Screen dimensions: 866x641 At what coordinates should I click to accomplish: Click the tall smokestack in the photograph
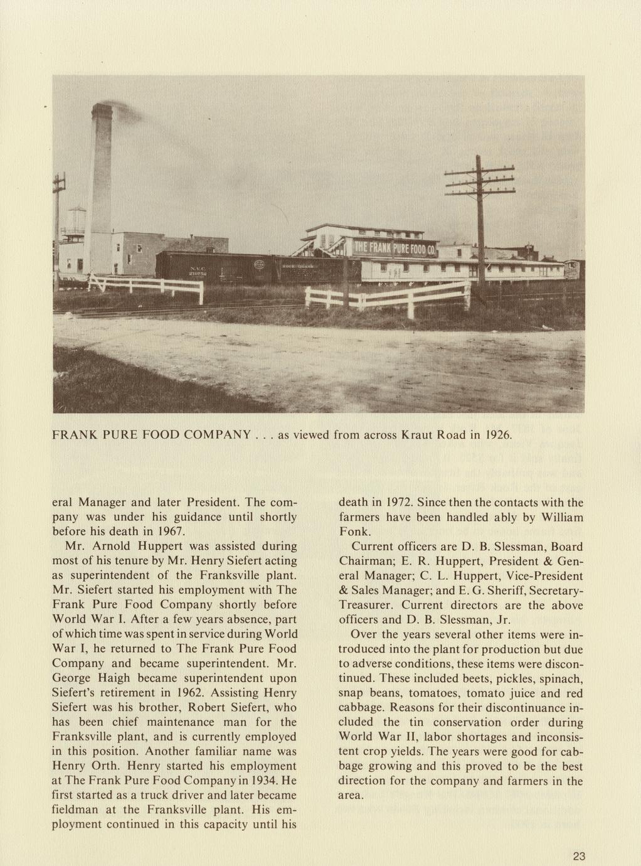[101, 188]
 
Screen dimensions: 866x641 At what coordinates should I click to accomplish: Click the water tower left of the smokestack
[77, 223]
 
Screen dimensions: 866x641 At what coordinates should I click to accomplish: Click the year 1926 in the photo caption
[497, 434]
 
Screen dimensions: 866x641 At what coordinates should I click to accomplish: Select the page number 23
[578, 856]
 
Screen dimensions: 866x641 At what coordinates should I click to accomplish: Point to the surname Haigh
[110, 678]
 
